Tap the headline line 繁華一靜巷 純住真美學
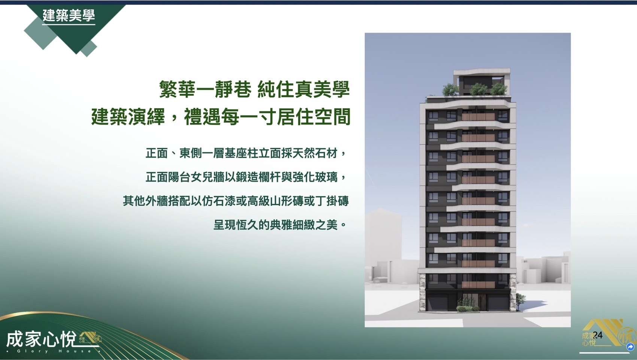click(254, 89)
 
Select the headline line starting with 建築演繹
click(221, 116)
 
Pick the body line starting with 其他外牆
click(236, 201)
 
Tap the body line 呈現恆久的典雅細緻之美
click(280, 225)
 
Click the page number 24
click(598, 335)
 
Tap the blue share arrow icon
click(630, 347)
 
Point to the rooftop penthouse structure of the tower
click(482, 82)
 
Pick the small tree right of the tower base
click(521, 301)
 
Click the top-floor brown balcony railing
click(478, 117)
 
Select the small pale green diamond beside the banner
click(88, 49)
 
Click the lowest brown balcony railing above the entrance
click(478, 285)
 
